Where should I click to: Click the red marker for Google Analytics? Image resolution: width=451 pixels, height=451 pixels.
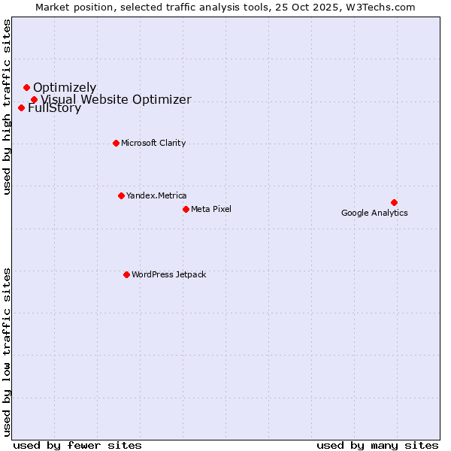(394, 202)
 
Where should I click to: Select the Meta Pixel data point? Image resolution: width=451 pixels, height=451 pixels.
(186, 209)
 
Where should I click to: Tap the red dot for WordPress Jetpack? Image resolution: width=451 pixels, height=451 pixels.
(126, 274)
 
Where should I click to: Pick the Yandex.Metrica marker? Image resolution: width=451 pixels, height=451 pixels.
(121, 195)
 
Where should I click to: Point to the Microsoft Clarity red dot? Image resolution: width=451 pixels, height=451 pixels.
(116, 143)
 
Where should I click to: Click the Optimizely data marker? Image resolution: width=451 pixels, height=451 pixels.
(26, 88)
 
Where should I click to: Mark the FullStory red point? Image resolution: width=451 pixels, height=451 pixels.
(21, 107)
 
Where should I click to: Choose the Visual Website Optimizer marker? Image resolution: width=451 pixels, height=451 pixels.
(34, 99)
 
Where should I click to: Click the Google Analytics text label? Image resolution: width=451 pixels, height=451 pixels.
(374, 213)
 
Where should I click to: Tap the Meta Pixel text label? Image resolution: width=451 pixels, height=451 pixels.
(211, 209)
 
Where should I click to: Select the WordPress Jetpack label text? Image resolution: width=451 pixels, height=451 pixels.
(168, 274)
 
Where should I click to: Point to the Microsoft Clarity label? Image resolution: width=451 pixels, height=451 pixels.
(153, 143)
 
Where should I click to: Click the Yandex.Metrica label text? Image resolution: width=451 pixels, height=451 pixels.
(156, 195)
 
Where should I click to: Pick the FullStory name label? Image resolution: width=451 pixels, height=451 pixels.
(54, 108)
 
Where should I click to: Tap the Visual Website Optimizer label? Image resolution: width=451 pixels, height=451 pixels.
(116, 99)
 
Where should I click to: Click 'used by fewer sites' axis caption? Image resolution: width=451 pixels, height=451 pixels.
(77, 445)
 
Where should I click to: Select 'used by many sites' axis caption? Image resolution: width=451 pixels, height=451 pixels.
(377, 445)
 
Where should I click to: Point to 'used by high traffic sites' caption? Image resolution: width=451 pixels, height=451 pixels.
(8, 107)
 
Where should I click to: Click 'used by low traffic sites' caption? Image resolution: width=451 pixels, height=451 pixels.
(8, 352)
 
